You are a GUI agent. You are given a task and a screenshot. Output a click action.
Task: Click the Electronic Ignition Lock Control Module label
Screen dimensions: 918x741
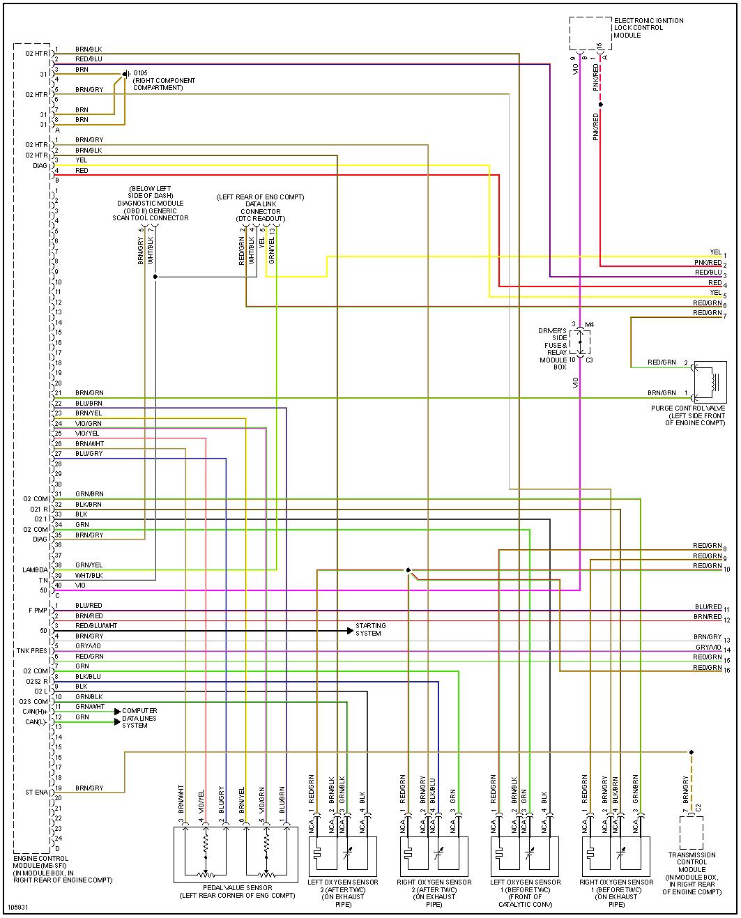(648, 28)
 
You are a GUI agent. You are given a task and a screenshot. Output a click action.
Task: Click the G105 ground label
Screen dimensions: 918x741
(140, 73)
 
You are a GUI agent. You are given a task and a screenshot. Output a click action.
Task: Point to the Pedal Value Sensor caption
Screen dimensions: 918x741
(237, 892)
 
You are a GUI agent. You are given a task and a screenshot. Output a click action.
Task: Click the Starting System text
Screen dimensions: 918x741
(370, 629)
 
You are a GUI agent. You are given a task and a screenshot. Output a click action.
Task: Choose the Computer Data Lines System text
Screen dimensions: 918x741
(139, 718)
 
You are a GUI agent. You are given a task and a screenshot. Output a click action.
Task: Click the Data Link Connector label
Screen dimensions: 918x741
(261, 208)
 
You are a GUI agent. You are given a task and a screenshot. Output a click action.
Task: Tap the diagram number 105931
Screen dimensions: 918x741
(18, 908)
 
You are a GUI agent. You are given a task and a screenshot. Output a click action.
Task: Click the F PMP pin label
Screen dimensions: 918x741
(38, 611)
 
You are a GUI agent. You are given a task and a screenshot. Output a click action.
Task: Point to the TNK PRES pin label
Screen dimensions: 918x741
(32, 651)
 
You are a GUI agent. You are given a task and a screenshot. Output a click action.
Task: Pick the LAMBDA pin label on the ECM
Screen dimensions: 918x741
(35, 570)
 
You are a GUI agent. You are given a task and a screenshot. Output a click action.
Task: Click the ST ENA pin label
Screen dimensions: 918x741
(36, 793)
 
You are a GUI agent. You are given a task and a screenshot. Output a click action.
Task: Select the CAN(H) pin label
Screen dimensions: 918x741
(34, 712)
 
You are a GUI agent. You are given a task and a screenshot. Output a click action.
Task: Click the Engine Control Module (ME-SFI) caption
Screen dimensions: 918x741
(62, 869)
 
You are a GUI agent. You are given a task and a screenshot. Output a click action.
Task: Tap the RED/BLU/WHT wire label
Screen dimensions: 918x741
(96, 626)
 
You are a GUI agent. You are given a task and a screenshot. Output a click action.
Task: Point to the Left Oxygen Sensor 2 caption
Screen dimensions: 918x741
(343, 893)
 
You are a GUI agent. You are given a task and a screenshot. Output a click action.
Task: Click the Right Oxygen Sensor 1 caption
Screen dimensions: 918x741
(616, 893)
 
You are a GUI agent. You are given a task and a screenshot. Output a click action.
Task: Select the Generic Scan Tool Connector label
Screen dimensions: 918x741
(151, 203)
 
